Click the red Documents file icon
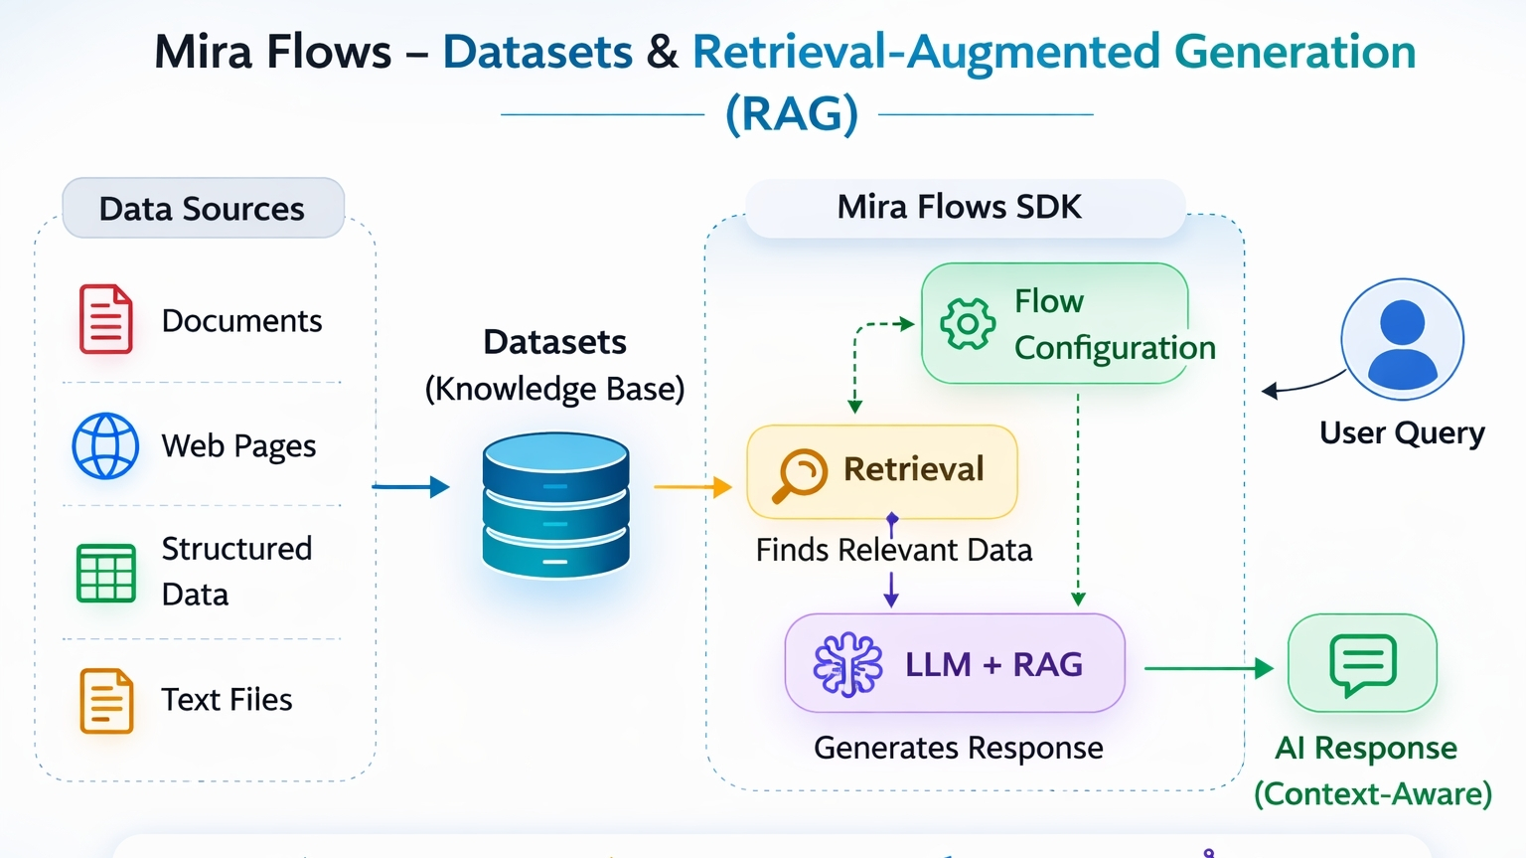[x=105, y=319]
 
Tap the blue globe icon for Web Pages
[x=105, y=446]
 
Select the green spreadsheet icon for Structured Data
[x=106, y=573]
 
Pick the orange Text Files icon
[x=106, y=701]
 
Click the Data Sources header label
[x=203, y=209]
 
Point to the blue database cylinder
[x=555, y=504]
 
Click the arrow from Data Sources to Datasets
[x=410, y=486]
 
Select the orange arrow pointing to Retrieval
[x=692, y=486]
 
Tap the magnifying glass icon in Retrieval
[x=800, y=474]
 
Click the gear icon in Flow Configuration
[x=967, y=323]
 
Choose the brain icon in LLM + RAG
[x=847, y=664]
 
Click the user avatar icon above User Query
[x=1402, y=339]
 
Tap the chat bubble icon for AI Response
[x=1363, y=664]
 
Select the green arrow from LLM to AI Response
[x=1208, y=668]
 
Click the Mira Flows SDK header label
[x=959, y=207]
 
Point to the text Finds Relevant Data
[x=893, y=550]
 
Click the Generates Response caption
[x=958, y=748]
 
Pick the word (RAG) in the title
[x=792, y=113]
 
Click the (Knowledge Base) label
[x=554, y=389]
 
